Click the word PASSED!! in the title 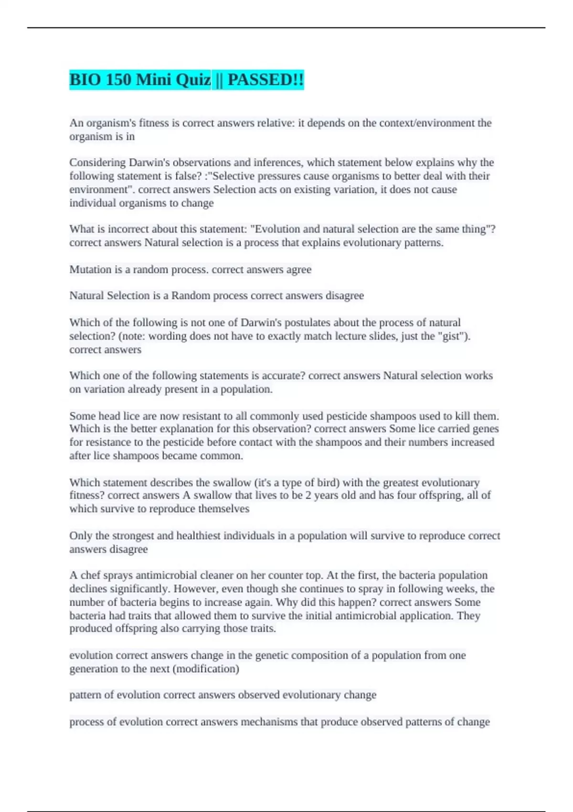click(x=265, y=80)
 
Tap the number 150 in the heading click(x=118, y=80)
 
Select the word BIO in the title click(x=84, y=80)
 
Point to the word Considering click(x=97, y=162)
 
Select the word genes click(x=486, y=429)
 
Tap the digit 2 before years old click(x=308, y=495)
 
